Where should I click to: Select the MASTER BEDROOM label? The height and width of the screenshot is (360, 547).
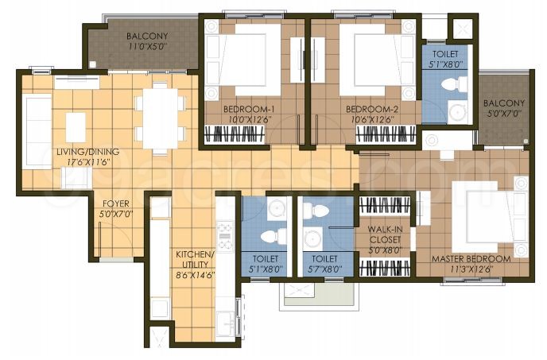click(471, 259)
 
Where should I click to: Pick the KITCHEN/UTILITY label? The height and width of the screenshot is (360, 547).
click(194, 259)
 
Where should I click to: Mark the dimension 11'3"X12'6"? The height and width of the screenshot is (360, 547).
click(471, 269)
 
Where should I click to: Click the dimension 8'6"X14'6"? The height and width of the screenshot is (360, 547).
click(194, 275)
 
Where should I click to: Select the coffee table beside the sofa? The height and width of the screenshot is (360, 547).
click(76, 126)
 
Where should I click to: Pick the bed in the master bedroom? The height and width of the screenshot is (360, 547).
click(487, 215)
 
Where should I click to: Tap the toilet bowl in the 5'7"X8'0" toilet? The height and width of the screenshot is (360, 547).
click(317, 211)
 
